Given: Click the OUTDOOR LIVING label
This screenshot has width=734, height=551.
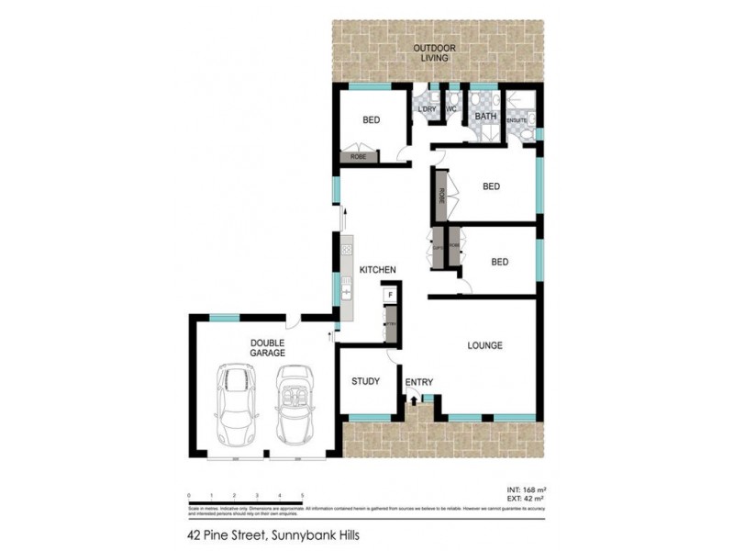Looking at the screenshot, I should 434,52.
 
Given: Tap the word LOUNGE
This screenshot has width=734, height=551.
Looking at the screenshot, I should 484,346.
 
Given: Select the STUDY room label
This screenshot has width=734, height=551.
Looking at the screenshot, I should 366,382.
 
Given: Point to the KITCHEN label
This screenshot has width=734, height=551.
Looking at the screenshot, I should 377,269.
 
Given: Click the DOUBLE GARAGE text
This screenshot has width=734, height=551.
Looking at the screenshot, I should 268,347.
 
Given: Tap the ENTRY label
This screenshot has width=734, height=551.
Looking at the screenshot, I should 418,382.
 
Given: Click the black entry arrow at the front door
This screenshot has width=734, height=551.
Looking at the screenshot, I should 413,399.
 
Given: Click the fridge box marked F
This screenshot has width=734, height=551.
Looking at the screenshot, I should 390,295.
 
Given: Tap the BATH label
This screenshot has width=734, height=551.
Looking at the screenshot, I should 485,117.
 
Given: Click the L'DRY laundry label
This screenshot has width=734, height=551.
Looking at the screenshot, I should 427,110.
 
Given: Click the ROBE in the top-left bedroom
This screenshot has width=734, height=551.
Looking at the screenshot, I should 358,158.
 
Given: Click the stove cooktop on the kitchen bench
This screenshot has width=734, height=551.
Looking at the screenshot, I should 348,246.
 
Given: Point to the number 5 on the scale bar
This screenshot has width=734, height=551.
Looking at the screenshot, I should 302,495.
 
